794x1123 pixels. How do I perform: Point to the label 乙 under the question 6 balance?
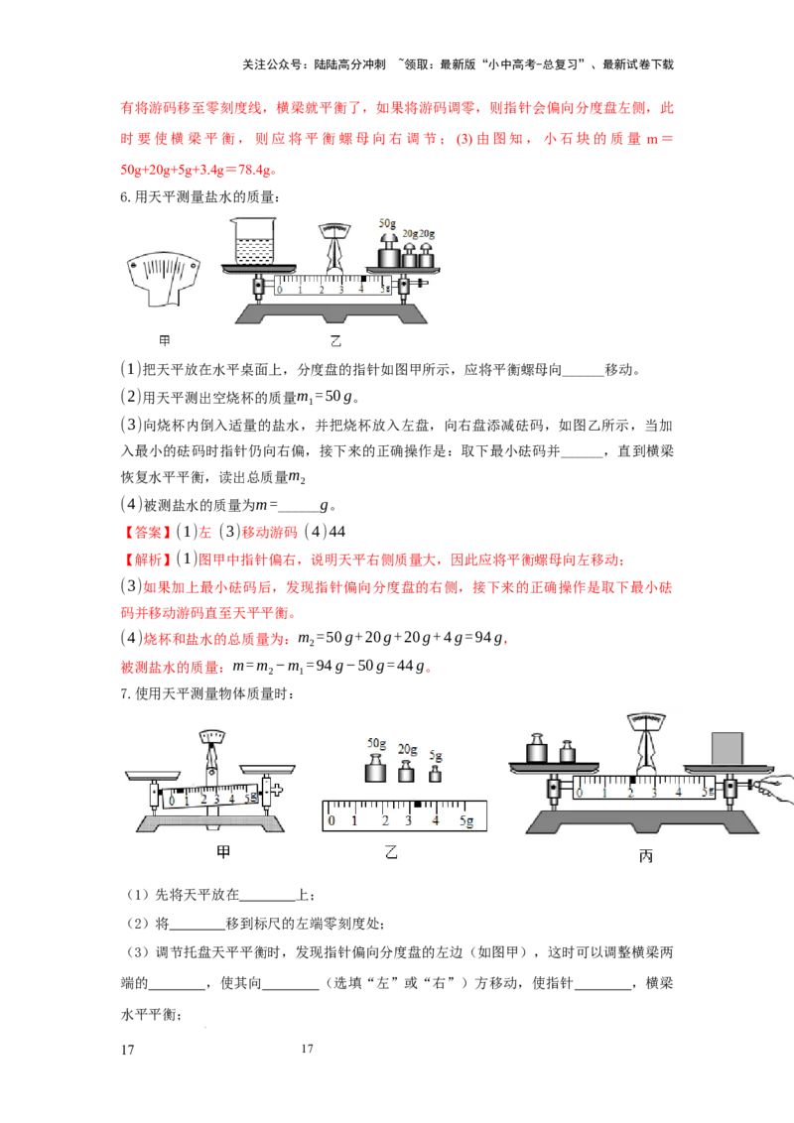(x=335, y=341)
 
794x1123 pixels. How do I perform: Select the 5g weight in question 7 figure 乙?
(x=435, y=774)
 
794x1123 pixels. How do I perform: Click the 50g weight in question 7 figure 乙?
(x=375, y=769)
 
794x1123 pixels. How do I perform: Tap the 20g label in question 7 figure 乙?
(x=408, y=749)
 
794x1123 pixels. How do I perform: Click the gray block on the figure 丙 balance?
(x=727, y=748)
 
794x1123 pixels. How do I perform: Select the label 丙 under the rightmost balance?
(x=646, y=855)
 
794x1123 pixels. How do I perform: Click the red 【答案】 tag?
(x=145, y=532)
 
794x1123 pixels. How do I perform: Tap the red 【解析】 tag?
(x=145, y=560)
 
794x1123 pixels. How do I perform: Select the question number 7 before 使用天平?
(x=125, y=693)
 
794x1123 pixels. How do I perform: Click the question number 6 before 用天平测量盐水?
(x=125, y=197)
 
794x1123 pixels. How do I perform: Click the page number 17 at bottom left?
(x=128, y=1050)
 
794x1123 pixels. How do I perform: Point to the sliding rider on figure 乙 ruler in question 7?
(x=418, y=805)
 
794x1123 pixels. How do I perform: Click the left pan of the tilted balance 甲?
(x=154, y=775)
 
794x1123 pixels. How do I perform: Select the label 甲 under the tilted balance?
(x=223, y=851)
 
